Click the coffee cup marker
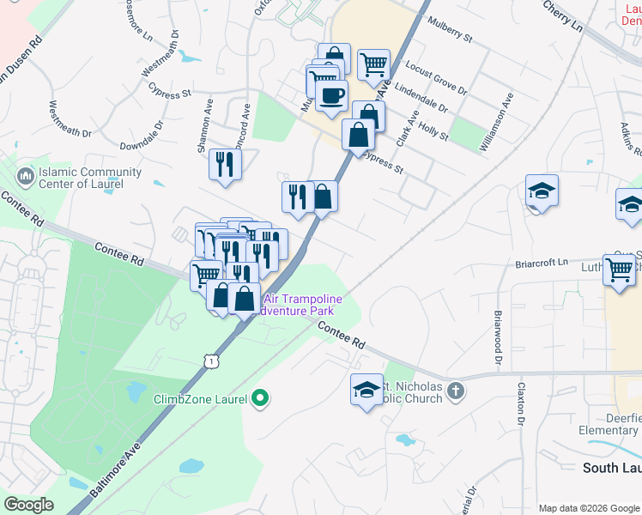point(331,95)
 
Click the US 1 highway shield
point(211,361)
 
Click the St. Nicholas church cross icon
point(456,391)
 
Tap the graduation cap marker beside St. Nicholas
point(366,390)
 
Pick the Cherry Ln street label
point(563,16)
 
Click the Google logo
point(29,504)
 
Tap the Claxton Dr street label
point(520,403)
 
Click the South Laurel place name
point(611,468)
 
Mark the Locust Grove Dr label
point(436,77)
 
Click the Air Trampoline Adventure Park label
point(303,305)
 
